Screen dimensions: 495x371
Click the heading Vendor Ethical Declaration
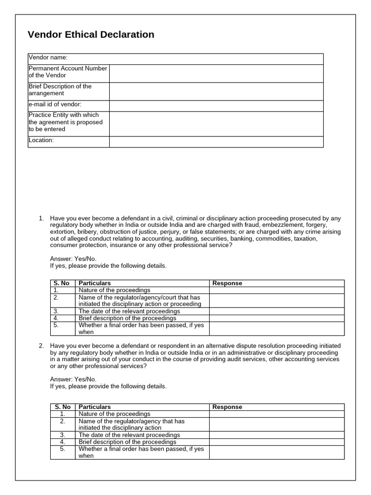click(91, 35)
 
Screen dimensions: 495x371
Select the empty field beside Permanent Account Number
click(216, 73)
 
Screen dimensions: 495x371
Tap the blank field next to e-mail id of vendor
click(216, 105)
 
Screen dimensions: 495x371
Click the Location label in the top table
click(41, 141)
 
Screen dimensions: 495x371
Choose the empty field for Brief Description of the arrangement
click(216, 91)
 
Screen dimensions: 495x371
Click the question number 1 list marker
click(41, 218)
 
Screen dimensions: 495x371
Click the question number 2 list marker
click(41, 346)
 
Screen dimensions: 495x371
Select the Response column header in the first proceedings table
click(227, 283)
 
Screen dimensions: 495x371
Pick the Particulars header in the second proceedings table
click(95, 407)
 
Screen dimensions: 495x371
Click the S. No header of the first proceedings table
click(62, 283)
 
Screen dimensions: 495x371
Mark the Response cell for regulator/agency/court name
click(276, 301)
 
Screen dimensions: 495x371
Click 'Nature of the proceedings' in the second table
click(114, 414)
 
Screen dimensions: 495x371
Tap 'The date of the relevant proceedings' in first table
click(129, 311)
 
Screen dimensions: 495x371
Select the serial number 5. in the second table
click(62, 449)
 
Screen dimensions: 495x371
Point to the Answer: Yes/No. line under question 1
click(73, 259)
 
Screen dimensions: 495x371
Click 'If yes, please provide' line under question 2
click(108, 386)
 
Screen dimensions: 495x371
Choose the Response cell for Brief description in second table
click(276, 442)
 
